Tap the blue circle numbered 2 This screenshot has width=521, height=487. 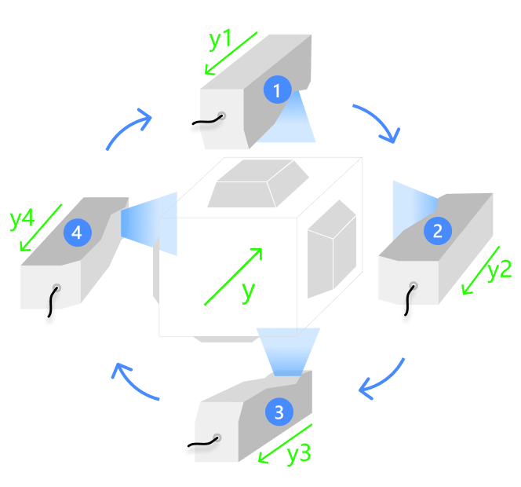[x=437, y=230]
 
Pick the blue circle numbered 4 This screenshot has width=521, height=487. [x=77, y=232]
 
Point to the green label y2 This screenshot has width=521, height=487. [x=499, y=270]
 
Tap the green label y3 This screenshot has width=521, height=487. [x=298, y=454]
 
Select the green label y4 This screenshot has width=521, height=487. [x=22, y=218]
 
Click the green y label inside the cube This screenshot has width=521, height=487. [x=248, y=291]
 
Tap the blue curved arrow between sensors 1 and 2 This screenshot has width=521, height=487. [x=377, y=123]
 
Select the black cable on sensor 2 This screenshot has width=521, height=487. [x=406, y=306]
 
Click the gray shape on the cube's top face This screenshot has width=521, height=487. [x=256, y=182]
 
